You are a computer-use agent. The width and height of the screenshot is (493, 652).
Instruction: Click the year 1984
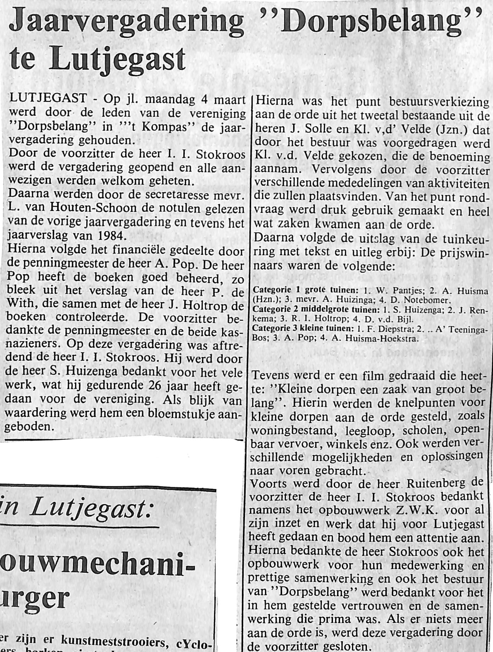107,237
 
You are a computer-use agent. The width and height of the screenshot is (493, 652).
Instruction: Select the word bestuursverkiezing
439,102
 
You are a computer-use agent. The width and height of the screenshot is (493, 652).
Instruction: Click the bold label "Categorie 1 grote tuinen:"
305,290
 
